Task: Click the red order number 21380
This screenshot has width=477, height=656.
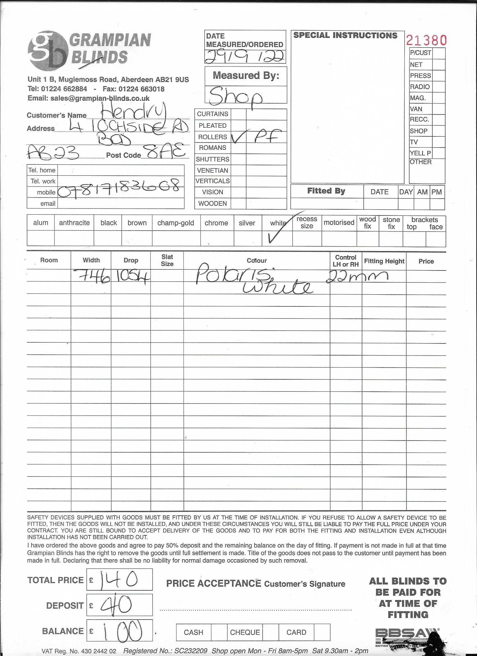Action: tap(426, 40)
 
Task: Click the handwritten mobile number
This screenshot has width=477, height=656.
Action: tap(121, 189)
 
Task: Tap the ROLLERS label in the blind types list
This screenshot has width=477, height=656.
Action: tap(212, 137)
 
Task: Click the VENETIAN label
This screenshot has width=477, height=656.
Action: tap(212, 170)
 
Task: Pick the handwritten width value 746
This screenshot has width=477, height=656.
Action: tap(92, 277)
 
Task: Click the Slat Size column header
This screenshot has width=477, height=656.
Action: tap(167, 260)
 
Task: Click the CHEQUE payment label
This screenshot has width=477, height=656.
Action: tap(245, 632)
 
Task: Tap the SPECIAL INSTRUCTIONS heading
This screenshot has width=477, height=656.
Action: tap(345, 36)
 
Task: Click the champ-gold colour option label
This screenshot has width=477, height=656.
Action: tap(176, 223)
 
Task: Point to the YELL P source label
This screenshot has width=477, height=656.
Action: tap(420, 153)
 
